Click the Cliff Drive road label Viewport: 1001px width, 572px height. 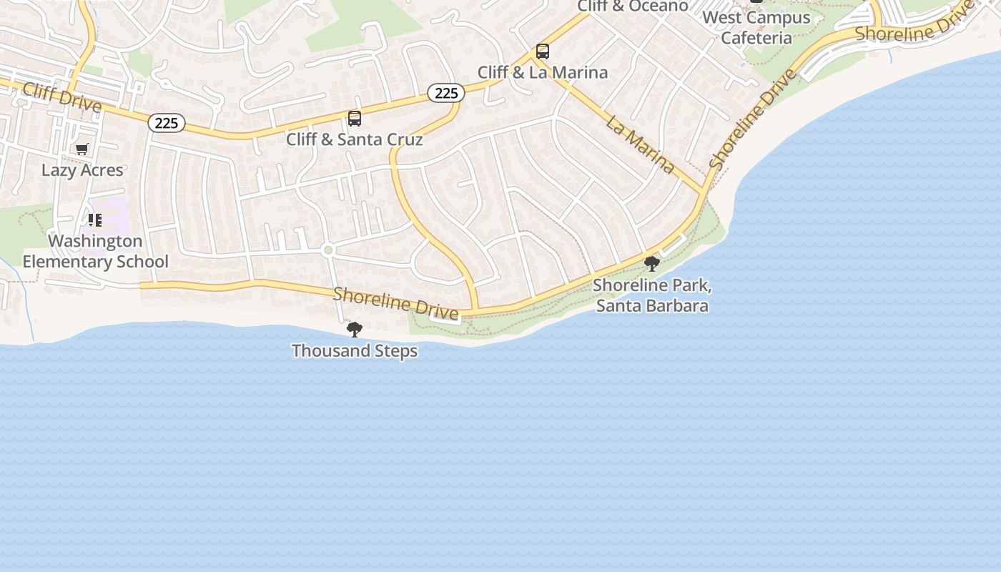coord(61,97)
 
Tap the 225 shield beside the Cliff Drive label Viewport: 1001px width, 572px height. coord(167,123)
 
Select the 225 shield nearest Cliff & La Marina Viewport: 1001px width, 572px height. coord(446,93)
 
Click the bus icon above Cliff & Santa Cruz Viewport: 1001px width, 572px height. coord(355,119)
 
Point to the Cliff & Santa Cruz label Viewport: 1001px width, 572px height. coord(355,139)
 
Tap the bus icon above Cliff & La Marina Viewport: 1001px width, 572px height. coord(543,51)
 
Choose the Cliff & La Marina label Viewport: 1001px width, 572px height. coord(543,72)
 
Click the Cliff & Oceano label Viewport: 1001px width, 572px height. coord(633,6)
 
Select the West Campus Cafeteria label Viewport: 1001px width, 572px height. coord(756,27)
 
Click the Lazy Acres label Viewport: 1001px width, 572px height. coord(82,170)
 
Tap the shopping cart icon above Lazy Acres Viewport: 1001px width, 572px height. coord(82,149)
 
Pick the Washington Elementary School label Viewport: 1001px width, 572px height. coord(95,251)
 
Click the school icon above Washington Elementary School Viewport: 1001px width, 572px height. coord(95,220)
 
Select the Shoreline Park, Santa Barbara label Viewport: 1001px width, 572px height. coord(652,295)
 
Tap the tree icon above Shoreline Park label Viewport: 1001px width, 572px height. coord(652,264)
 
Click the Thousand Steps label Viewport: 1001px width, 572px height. coord(355,351)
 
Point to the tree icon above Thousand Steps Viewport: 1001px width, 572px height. coord(355,330)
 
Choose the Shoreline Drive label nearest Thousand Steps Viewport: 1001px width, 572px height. coord(395,303)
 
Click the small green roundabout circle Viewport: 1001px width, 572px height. coord(328,250)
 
